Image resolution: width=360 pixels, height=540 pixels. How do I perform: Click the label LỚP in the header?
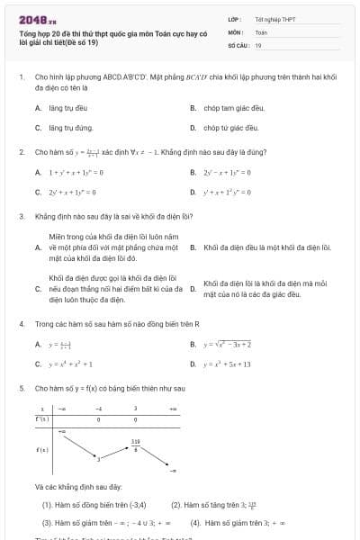[233, 19]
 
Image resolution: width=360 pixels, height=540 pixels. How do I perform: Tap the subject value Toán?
[261, 31]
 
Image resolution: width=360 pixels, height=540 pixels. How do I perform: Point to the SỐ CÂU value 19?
[258, 44]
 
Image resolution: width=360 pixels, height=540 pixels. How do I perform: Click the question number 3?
[21, 216]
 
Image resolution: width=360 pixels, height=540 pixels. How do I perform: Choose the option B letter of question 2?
[193, 171]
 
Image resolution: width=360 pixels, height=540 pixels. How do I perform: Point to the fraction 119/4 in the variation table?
[135, 444]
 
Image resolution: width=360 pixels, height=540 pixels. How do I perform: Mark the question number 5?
[21, 388]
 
